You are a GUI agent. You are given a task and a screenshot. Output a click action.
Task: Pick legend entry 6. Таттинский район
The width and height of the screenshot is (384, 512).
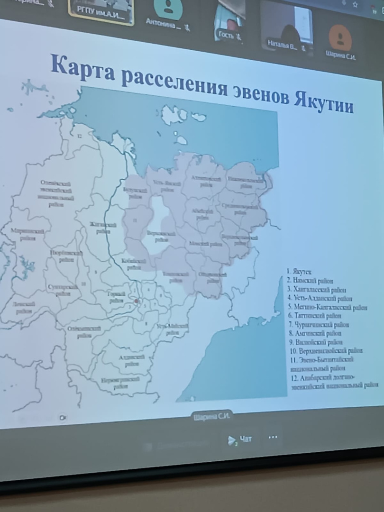tap(318, 316)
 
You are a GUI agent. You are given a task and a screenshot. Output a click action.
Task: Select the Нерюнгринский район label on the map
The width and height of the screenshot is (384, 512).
tap(120, 382)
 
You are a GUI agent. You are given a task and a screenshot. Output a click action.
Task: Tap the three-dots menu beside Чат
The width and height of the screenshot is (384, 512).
tap(273, 438)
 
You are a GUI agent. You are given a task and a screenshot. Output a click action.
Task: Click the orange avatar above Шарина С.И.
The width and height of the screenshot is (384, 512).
tap(340, 37)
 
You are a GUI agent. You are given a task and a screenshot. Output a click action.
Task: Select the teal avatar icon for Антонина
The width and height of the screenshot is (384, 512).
tap(168, 7)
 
